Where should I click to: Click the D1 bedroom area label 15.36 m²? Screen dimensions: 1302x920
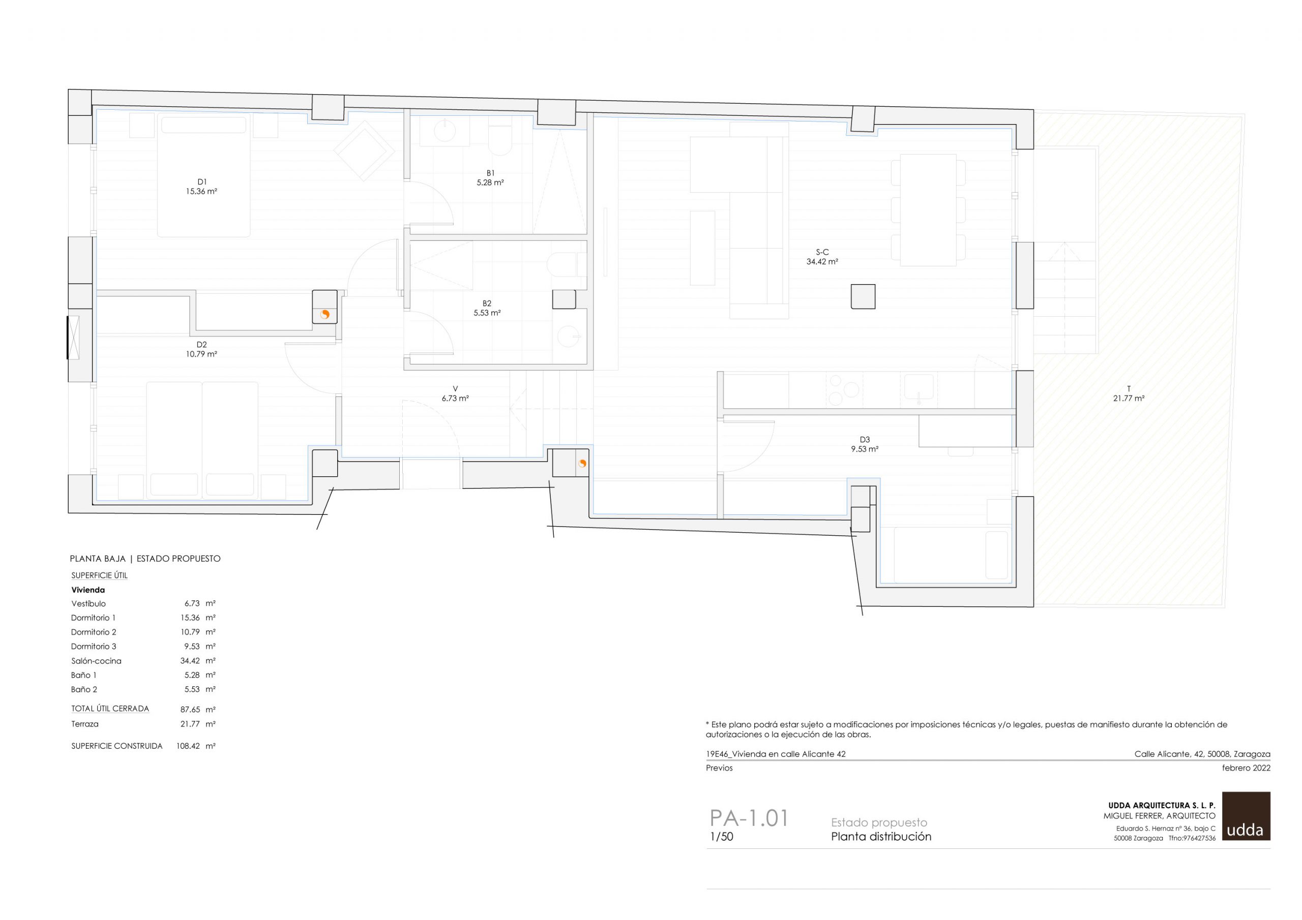201,192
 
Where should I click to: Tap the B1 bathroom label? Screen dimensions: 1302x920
490,173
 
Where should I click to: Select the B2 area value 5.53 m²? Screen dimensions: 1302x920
487,313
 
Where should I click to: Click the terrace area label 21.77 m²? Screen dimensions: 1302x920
1129,398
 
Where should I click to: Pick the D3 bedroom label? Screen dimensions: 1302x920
865,439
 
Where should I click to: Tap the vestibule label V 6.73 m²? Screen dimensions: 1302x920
455,393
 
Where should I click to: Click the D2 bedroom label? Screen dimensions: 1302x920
201,345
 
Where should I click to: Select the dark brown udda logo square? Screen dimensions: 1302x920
1246,816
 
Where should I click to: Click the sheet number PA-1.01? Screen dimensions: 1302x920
749,818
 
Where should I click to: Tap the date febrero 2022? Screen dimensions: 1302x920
1246,768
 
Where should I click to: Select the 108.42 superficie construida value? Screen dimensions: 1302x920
188,746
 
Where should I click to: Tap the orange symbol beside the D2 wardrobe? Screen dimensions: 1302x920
325,315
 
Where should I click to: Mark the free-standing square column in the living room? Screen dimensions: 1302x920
863,296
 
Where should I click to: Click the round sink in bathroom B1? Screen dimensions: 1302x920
445,131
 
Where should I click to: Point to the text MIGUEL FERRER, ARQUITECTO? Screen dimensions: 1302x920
1159,816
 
